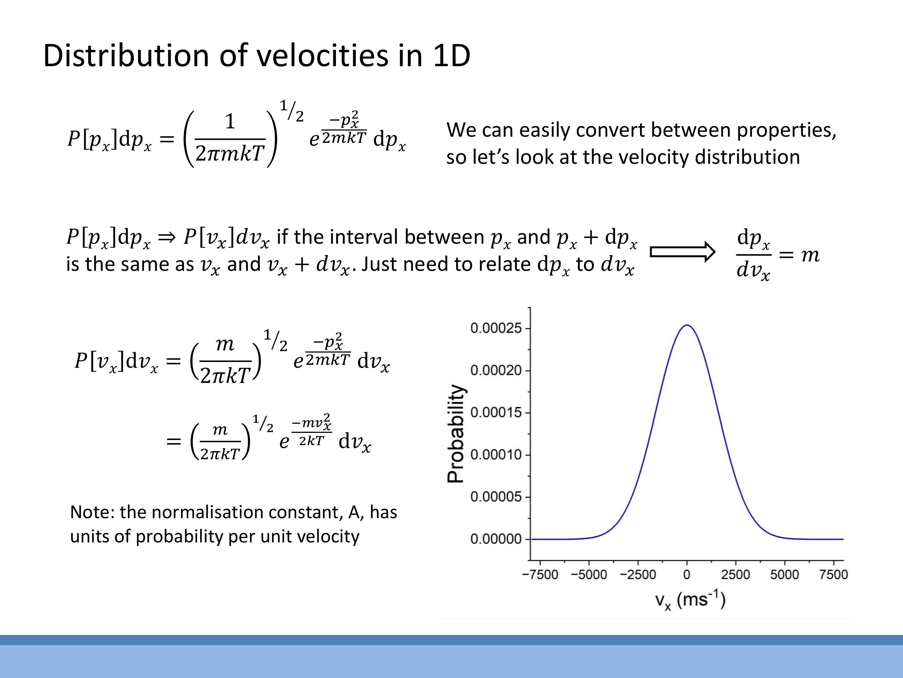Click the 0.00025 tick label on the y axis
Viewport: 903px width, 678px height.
(x=496, y=328)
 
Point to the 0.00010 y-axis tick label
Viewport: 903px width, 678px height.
(x=496, y=455)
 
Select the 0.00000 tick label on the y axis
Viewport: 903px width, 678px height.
(x=496, y=539)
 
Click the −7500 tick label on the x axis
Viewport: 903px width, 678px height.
(x=540, y=575)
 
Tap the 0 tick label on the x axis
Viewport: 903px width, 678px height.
(x=687, y=575)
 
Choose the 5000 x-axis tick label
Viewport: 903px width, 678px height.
(x=784, y=575)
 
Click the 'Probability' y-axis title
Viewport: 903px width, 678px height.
(x=455, y=433)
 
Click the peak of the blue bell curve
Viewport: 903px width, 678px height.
(x=687, y=326)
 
